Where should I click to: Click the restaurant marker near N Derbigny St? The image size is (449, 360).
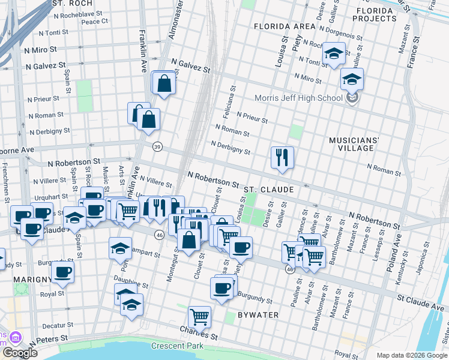click(x=282, y=158)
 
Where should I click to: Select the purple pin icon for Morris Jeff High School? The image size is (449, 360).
click(x=352, y=98)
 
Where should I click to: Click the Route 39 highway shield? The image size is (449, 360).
click(x=157, y=146)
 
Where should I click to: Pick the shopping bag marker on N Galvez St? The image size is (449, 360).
click(x=163, y=84)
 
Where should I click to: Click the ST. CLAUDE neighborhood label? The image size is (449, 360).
click(x=268, y=190)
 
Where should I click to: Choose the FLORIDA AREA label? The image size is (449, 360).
click(x=285, y=26)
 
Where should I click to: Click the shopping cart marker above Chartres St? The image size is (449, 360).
click(x=199, y=316)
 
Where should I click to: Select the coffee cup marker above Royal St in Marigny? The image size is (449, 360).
click(x=62, y=272)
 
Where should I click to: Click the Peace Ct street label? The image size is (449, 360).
click(x=94, y=21)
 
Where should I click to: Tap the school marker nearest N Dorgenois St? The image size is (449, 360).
click(x=333, y=55)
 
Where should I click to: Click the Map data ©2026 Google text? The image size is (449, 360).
click(x=412, y=355)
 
